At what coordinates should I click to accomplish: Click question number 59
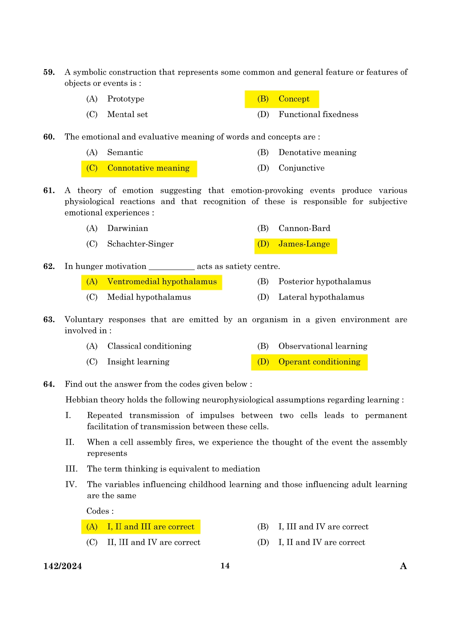point(49,72)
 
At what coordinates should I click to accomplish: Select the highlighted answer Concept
point(294,99)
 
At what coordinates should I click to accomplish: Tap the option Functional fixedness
point(318,115)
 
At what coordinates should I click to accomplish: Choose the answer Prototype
point(125,99)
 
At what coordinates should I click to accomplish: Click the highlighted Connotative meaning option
point(148,168)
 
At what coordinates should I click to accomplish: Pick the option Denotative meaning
point(317,153)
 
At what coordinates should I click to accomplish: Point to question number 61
point(49,191)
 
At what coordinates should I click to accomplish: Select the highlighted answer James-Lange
point(304,244)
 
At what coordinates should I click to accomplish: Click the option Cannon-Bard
point(304,228)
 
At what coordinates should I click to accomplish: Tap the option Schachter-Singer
point(140,244)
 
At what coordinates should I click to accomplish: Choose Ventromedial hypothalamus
point(162,282)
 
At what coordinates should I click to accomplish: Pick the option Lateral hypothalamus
point(321,297)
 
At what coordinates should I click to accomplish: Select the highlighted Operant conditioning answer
point(319,362)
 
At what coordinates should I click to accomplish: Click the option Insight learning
point(138,362)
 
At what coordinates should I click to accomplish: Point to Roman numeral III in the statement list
point(71,469)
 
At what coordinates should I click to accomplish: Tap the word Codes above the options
point(100,511)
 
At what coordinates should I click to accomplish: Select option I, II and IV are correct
point(322,543)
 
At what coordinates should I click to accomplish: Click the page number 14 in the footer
point(225,566)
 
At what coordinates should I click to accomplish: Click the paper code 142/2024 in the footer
point(63,566)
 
